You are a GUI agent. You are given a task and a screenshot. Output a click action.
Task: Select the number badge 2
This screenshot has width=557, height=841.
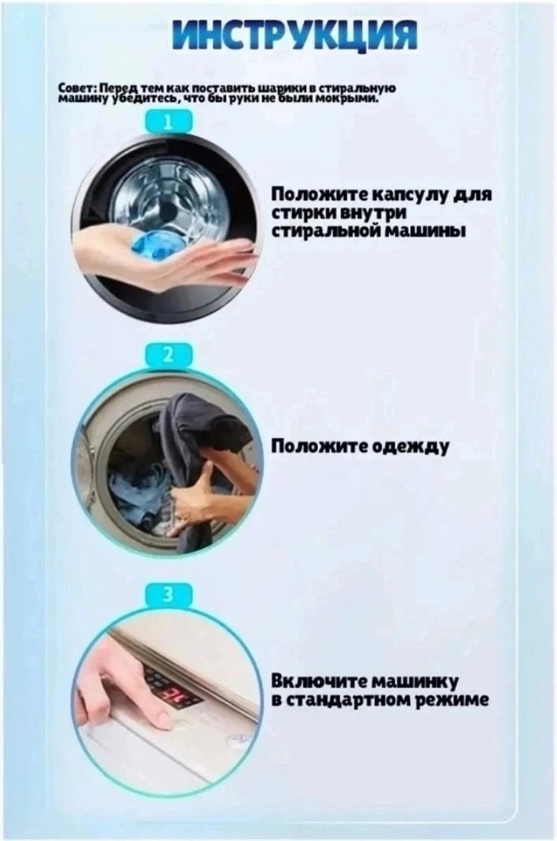pos(168,353)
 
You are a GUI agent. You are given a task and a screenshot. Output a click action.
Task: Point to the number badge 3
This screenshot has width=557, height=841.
pos(168,595)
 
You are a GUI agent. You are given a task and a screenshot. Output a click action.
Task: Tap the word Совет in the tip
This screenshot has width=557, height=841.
pos(72,88)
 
